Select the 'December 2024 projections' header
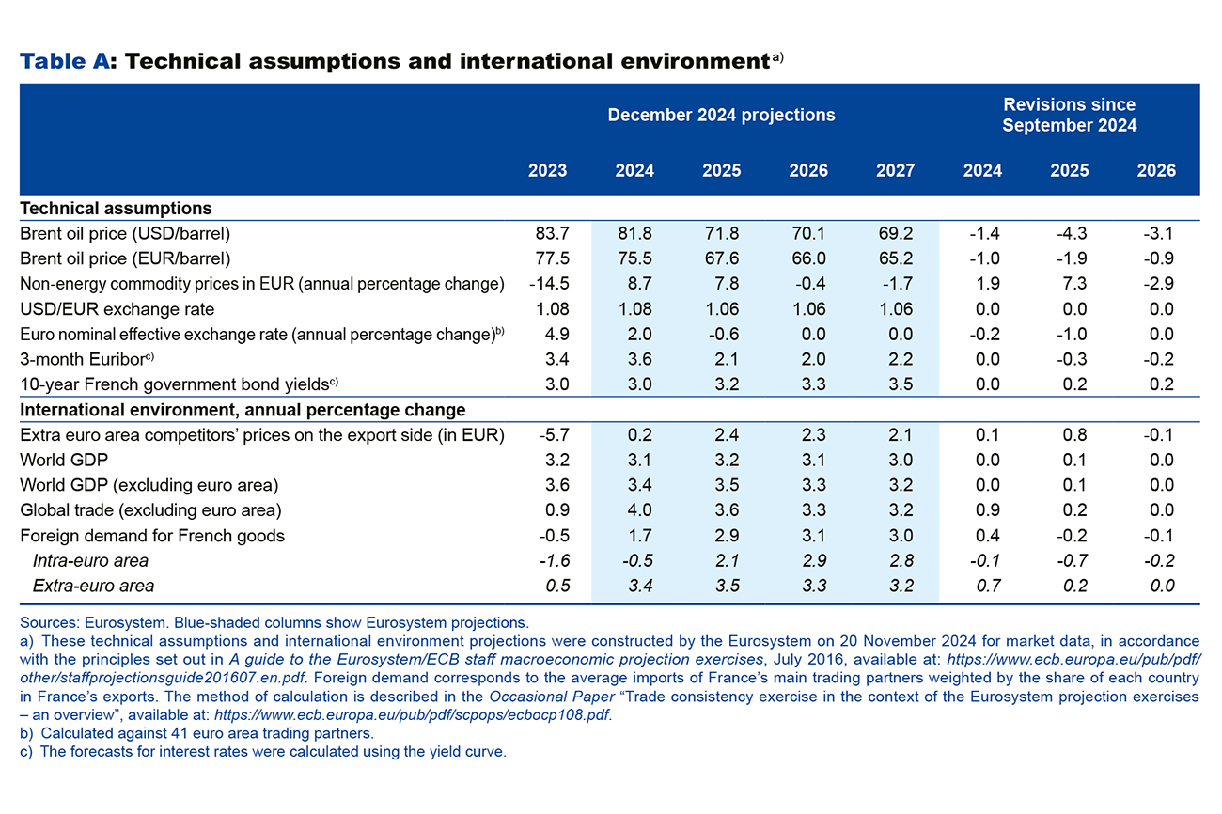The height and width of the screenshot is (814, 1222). click(721, 115)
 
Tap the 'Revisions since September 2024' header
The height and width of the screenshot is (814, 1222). click(1069, 115)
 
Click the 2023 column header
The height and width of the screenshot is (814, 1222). click(547, 171)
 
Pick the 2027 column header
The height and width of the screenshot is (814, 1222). click(895, 171)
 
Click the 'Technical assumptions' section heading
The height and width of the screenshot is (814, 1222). click(116, 209)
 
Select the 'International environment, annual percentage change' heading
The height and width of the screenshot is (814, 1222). click(243, 410)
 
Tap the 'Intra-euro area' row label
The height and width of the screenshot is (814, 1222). click(90, 561)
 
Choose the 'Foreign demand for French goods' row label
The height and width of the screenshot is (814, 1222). click(152, 536)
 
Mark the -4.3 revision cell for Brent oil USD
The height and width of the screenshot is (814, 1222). click(1069, 233)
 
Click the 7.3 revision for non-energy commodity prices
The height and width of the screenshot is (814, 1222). click(1069, 284)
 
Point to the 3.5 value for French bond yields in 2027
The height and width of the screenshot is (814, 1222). click(895, 384)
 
